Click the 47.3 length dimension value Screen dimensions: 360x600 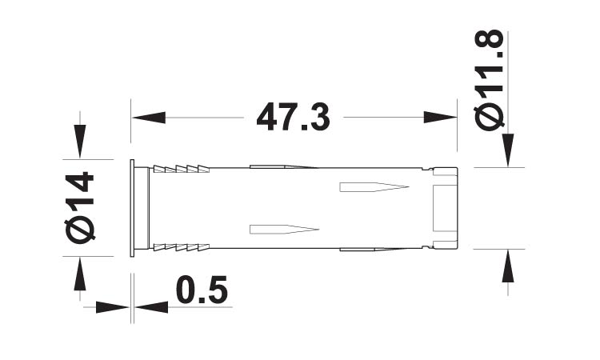point(293,118)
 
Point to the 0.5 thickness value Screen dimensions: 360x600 point(201,291)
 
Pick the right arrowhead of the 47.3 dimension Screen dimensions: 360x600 point(439,118)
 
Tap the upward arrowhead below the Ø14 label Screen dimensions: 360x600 point(78,274)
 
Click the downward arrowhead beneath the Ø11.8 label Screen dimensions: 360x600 point(506,150)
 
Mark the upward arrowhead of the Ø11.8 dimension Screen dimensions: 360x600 point(506,266)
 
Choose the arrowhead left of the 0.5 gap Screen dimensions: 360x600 point(113,306)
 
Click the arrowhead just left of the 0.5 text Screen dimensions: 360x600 point(150,306)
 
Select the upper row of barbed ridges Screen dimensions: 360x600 point(181,169)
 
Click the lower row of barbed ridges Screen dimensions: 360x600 point(181,247)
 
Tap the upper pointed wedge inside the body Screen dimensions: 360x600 point(373,188)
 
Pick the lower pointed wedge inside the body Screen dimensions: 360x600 point(284,230)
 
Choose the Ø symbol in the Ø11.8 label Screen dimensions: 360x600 point(490,115)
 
